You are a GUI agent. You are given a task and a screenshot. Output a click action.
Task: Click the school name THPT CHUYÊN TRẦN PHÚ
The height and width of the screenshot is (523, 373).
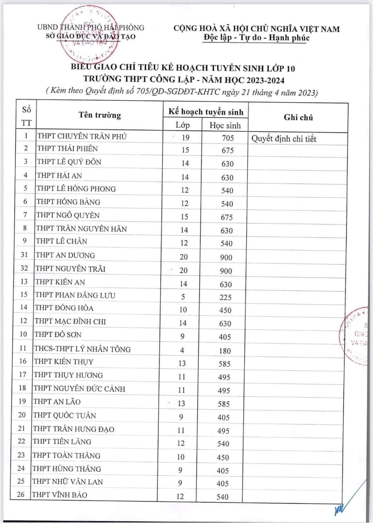[82, 136]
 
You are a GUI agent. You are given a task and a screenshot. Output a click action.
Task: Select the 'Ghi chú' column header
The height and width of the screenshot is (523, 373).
[298, 117]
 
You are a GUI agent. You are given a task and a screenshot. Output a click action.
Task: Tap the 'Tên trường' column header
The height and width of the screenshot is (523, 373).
[99, 115]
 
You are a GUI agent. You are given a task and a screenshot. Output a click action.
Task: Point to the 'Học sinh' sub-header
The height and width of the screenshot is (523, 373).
[225, 125]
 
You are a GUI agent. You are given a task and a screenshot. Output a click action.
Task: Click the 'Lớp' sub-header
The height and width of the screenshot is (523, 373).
[182, 125]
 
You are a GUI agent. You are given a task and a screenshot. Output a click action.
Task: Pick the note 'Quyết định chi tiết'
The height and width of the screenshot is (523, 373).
[284, 139]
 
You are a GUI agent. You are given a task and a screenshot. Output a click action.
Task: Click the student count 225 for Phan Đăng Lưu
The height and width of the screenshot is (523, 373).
[226, 297]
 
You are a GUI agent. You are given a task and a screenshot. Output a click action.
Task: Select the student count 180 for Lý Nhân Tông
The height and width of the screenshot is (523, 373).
[224, 351]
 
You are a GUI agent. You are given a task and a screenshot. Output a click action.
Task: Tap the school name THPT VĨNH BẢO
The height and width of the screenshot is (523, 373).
[59, 495]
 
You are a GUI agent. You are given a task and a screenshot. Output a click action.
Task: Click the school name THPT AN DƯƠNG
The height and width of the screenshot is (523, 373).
[65, 255]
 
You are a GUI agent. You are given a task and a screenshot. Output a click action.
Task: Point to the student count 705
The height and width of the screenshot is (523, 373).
[228, 138]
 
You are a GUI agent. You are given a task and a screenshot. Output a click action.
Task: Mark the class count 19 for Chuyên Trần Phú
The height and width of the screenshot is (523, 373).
[185, 137]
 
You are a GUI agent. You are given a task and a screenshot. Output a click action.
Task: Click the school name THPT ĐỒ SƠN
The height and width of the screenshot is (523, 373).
[58, 334]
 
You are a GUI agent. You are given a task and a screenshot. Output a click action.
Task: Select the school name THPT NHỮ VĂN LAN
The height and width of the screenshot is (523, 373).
[67, 482]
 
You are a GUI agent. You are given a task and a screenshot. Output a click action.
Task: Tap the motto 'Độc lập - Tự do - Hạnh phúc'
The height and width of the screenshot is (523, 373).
[256, 38]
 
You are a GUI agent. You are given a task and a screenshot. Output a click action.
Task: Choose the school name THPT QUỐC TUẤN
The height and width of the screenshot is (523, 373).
[64, 415]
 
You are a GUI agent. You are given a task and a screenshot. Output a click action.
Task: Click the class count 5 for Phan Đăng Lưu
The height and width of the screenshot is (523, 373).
[183, 297]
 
